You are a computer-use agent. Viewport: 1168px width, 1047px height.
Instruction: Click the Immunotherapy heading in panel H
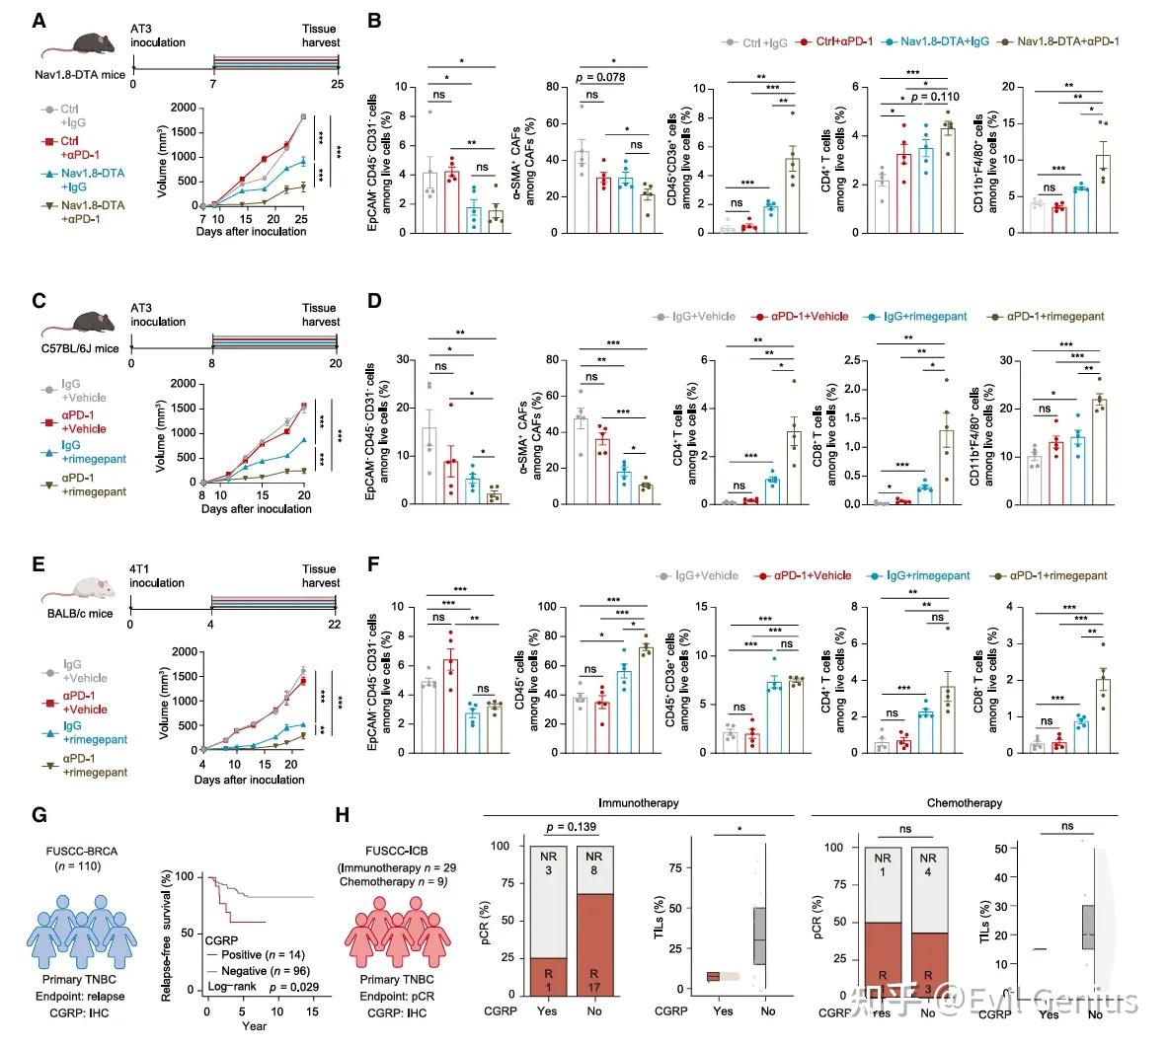[640, 803]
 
